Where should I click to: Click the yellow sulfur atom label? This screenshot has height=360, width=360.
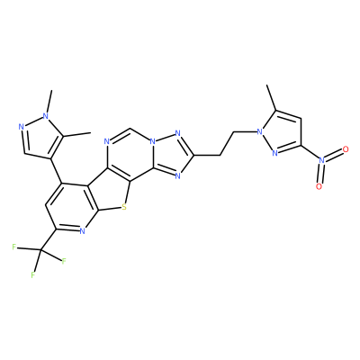tap(124, 207)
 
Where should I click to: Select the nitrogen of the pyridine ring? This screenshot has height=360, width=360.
tap(83, 230)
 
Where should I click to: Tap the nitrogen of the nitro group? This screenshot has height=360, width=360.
tap(322, 160)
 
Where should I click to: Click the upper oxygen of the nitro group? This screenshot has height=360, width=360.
tap(346, 149)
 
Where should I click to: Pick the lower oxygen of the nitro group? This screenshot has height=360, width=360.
tap(319, 186)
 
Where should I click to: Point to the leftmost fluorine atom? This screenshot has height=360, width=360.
tap(13, 247)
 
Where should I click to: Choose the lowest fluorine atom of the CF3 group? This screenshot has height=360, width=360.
tap(32, 274)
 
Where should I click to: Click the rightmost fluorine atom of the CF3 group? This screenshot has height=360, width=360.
tap(64, 261)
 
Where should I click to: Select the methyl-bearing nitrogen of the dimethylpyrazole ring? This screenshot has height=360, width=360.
tap(45, 116)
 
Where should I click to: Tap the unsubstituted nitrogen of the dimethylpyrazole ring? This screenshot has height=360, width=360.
tap(21, 126)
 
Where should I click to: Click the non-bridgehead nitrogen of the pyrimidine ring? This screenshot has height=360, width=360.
tap(108, 141)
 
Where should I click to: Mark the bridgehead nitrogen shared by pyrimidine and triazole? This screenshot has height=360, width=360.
tap(153, 141)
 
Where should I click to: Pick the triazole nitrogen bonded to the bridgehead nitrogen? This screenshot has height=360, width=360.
tap(177, 133)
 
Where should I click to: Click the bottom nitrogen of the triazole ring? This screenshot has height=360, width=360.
tap(177, 176)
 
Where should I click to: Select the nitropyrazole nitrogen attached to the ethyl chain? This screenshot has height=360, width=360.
tap(260, 131)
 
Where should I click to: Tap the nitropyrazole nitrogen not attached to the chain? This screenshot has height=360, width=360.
tap(274, 153)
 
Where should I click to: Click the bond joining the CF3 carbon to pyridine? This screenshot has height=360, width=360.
tap(48, 240)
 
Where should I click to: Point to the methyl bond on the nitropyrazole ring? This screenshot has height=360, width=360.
tap(271, 97)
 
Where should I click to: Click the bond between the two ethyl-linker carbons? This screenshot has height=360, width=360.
tap(228, 143)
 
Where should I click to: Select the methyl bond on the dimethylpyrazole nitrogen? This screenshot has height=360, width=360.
tap(49, 101)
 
